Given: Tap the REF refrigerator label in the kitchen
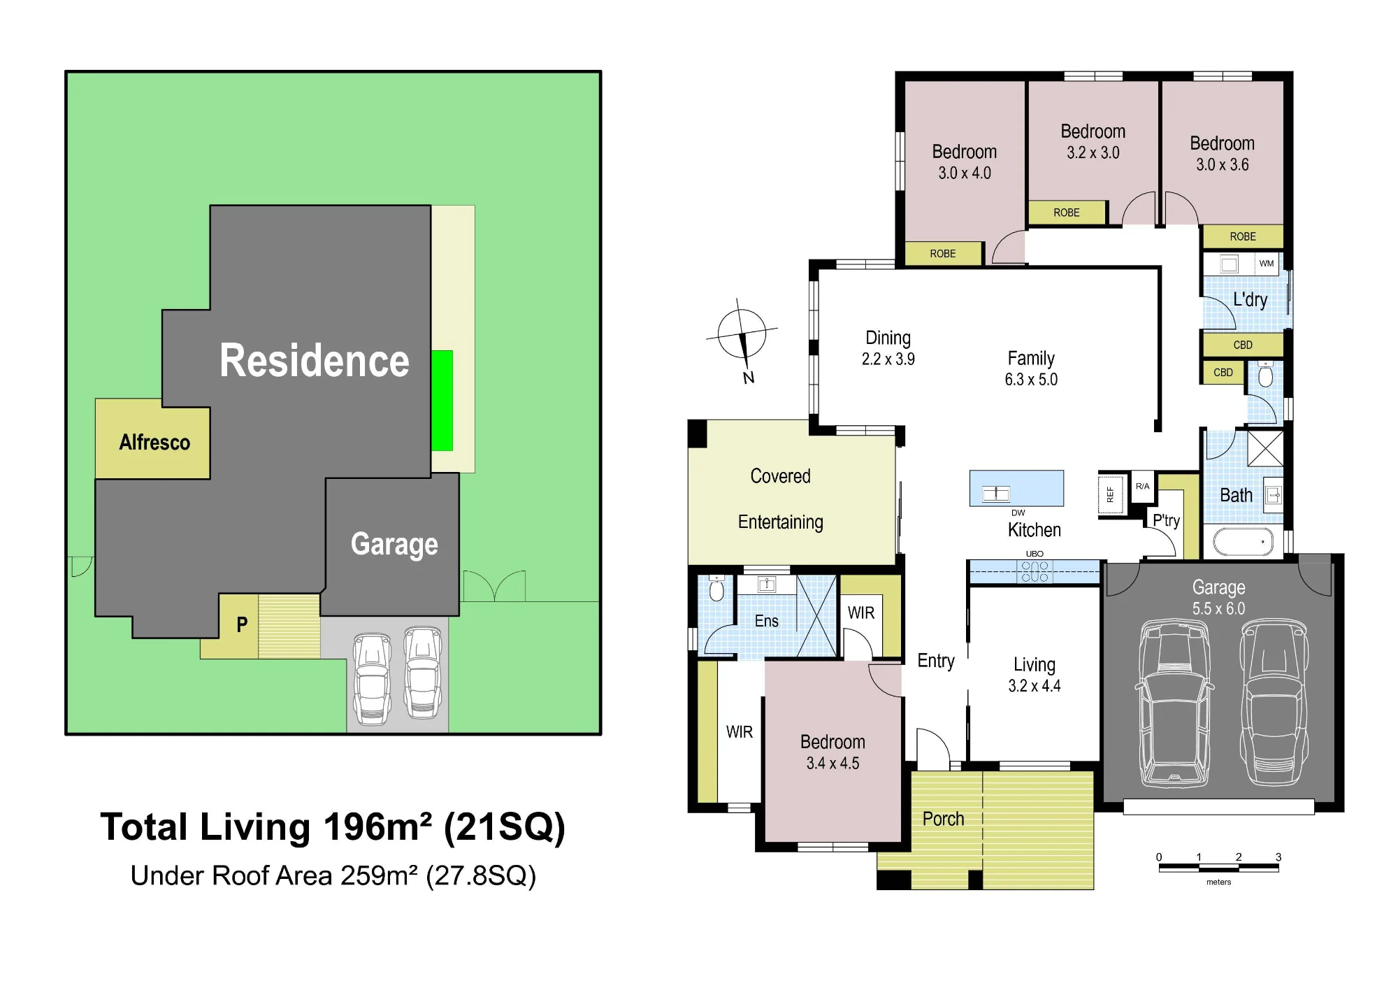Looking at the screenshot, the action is click(x=1110, y=495).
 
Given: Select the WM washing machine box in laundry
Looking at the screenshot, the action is click(x=1267, y=264).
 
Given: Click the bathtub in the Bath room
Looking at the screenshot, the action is click(x=1244, y=542).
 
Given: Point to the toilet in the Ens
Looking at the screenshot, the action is click(x=716, y=589).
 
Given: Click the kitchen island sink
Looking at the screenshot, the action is click(x=996, y=494).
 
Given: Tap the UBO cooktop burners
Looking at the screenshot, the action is click(x=1035, y=571).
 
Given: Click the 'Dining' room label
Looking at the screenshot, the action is click(x=888, y=338).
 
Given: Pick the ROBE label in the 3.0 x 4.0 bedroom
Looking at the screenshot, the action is click(x=942, y=254).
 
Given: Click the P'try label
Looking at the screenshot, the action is click(x=1166, y=520).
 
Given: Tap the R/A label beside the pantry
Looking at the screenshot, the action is click(x=1142, y=486).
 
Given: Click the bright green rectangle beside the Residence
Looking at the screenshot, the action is click(x=442, y=401).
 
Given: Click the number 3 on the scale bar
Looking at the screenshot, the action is click(x=1278, y=857).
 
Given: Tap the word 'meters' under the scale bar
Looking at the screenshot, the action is click(x=1218, y=882).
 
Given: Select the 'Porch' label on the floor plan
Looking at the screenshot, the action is click(x=943, y=819).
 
